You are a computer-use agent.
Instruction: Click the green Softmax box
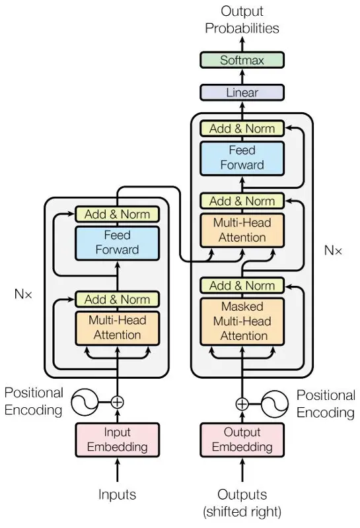click(x=242, y=60)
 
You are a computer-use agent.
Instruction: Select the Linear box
click(x=242, y=92)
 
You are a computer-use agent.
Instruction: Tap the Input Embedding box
click(x=117, y=440)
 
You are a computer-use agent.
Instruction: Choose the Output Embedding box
click(x=242, y=440)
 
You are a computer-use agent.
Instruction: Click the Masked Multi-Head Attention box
click(x=242, y=321)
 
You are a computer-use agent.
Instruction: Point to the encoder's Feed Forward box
click(x=117, y=243)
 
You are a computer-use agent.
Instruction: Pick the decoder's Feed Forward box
click(x=242, y=158)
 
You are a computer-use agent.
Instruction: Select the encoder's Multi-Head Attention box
click(x=117, y=328)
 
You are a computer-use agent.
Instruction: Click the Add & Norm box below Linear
click(x=242, y=128)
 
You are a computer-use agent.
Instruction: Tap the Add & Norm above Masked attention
click(x=242, y=286)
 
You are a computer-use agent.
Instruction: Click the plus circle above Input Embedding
click(x=118, y=402)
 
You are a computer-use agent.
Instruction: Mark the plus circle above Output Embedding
click(x=242, y=404)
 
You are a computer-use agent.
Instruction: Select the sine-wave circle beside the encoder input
click(x=85, y=402)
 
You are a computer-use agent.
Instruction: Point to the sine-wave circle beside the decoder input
click(x=275, y=404)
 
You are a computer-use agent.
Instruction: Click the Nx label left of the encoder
click(x=23, y=294)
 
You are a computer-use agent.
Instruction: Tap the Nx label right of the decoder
click(x=333, y=250)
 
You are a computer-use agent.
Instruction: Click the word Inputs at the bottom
click(x=117, y=494)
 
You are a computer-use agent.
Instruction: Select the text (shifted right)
click(x=242, y=511)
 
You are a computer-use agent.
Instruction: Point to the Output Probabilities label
click(x=242, y=20)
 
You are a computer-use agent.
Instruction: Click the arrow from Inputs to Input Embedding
click(x=118, y=471)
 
